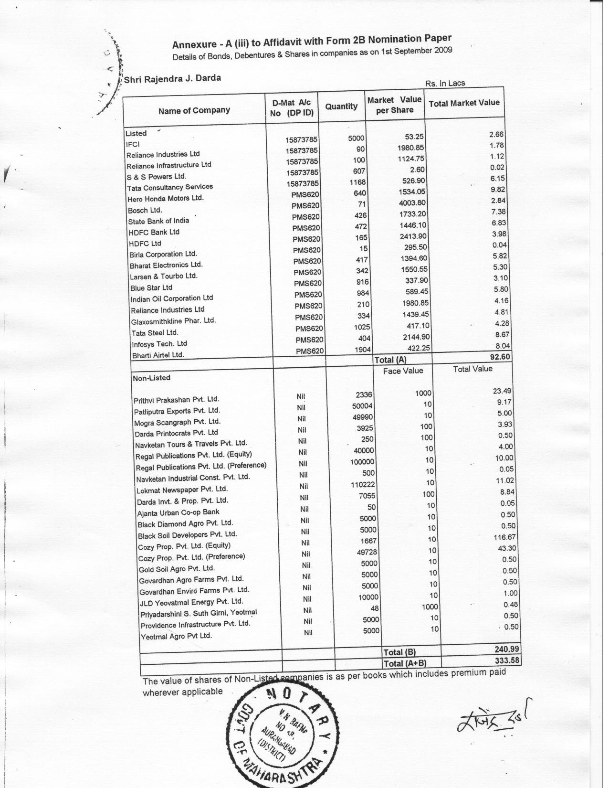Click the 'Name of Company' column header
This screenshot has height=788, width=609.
pos(194,110)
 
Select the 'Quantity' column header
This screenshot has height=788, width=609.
pos(341,106)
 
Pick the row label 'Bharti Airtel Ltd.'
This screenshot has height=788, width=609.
pos(157,355)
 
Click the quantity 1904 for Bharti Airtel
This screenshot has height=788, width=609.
pos(363,350)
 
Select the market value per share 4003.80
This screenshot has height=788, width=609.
pos(412,202)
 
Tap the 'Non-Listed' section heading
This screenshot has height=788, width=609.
pos(151,378)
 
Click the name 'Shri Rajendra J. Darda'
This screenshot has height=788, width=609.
pos(173,78)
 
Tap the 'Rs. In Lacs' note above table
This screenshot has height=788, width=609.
pos(445,84)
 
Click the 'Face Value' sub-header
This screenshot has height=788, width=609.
pos(403,371)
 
